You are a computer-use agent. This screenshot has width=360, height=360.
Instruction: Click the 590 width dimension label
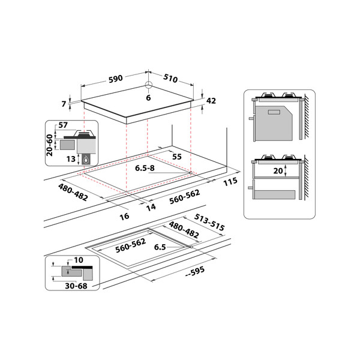tap(115, 78)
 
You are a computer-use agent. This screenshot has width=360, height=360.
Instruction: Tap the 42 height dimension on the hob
tap(211, 101)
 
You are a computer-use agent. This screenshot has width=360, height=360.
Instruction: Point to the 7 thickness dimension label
tap(64, 104)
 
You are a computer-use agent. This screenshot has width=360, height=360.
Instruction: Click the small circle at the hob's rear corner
tap(148, 85)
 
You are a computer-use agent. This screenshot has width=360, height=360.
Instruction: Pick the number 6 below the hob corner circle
tap(148, 98)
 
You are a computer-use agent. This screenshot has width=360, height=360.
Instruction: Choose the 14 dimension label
tap(151, 206)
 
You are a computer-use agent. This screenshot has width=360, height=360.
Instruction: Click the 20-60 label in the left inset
tap(50, 144)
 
